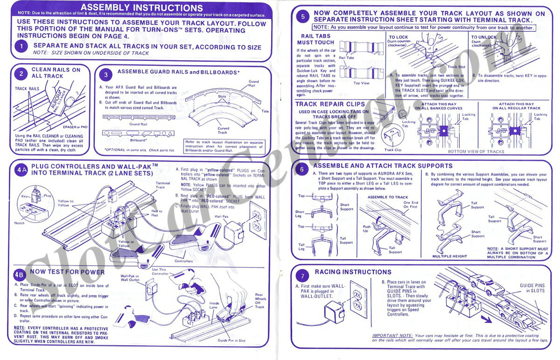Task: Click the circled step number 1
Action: click(21, 47)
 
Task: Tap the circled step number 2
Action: click(21, 73)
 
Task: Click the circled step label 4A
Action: click(21, 169)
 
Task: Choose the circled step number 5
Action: click(303, 17)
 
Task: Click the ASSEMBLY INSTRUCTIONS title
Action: click(142, 8)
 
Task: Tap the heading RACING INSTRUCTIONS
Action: click(353, 272)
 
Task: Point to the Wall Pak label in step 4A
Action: click(221, 217)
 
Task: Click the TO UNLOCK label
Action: click(484, 37)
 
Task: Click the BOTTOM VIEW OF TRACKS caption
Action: click(476, 151)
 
